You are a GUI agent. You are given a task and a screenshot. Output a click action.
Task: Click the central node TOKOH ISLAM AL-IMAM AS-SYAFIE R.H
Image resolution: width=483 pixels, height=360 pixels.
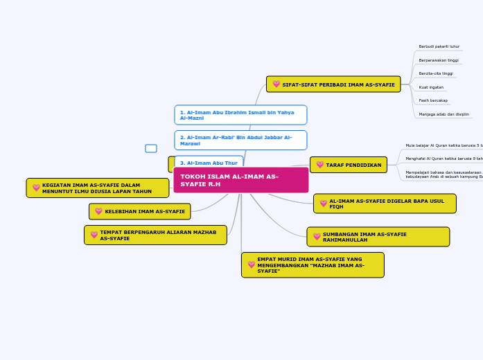pyautogui.click(x=240, y=180)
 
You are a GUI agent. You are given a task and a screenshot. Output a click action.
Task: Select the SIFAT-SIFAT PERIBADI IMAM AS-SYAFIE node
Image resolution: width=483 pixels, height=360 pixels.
pyautogui.click(x=333, y=84)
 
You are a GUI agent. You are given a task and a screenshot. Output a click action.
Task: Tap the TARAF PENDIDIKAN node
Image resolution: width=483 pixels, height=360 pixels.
pyautogui.click(x=349, y=165)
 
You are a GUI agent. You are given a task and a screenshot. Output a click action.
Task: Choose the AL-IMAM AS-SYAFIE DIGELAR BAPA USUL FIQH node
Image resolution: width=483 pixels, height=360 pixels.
pyautogui.click(x=385, y=204)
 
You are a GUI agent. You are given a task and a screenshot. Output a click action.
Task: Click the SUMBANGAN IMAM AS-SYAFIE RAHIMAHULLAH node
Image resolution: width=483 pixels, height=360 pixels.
pyautogui.click(x=378, y=237)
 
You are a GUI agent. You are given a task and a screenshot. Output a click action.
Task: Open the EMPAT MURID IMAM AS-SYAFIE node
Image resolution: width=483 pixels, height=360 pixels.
pyautogui.click(x=313, y=265)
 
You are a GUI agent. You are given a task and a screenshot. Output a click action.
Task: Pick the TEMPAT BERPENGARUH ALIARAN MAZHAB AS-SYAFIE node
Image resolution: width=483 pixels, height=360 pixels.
pyautogui.click(x=155, y=235)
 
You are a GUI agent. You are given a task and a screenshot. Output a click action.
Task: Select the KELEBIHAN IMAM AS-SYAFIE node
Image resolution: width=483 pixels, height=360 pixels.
pyautogui.click(x=140, y=211)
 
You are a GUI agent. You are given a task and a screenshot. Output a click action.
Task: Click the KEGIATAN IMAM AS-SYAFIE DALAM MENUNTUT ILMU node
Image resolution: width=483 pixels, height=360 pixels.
pyautogui.click(x=98, y=188)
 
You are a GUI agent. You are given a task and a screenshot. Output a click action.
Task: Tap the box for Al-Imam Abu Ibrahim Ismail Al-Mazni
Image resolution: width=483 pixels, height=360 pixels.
pyautogui.click(x=240, y=115)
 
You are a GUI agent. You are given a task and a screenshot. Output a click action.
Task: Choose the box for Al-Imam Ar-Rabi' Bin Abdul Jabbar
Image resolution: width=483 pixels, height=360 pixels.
pyautogui.click(x=240, y=141)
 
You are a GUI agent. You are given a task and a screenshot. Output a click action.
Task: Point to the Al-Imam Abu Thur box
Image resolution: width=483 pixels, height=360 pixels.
pyautogui.click(x=209, y=163)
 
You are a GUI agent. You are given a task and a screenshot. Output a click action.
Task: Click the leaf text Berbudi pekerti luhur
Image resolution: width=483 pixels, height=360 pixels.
pyautogui.click(x=439, y=46)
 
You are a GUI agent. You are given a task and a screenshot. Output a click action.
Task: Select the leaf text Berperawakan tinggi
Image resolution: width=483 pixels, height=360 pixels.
pyautogui.click(x=439, y=60)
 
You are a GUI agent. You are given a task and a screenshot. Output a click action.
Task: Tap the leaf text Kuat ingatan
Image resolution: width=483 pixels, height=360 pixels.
pyautogui.click(x=431, y=87)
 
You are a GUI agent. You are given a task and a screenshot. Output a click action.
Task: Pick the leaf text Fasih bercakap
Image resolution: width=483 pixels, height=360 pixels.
pyautogui.click(x=433, y=100)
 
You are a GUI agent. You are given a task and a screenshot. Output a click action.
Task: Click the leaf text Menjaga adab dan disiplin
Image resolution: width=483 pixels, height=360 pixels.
pyautogui.click(x=444, y=114)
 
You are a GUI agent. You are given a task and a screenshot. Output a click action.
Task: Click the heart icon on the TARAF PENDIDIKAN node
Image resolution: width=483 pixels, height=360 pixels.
pyautogui.click(x=320, y=165)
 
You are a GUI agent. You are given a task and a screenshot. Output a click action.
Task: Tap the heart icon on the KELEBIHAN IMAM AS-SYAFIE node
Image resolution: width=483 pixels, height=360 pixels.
pyautogui.click(x=99, y=211)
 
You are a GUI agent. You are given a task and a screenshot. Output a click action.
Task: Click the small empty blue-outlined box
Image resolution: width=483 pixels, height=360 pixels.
pyautogui.click(x=151, y=148)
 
